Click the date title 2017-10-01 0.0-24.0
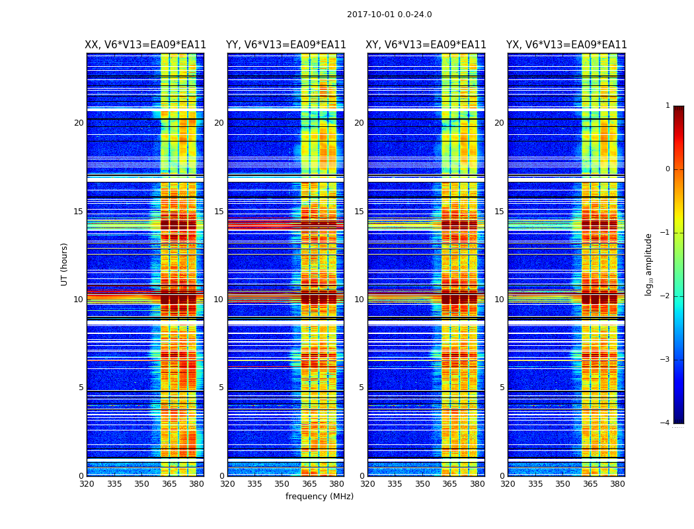pos(389,15)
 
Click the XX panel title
pos(145,45)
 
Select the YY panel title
pos(286,45)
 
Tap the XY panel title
pos(426,45)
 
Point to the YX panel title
pos(566,45)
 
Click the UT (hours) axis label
pos(64,264)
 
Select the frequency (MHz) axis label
pos(319,497)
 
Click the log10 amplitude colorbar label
pos(649,264)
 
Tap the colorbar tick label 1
pos(667,106)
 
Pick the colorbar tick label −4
pos(666,423)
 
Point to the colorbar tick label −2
pos(666,296)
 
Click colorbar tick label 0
pos(667,169)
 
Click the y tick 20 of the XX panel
pos(79,123)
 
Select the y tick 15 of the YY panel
pos(219,212)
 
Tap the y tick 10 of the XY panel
pos(359,300)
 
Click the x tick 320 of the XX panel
pos(87,484)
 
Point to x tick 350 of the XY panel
pos(422,484)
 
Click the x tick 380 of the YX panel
pos(617,484)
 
